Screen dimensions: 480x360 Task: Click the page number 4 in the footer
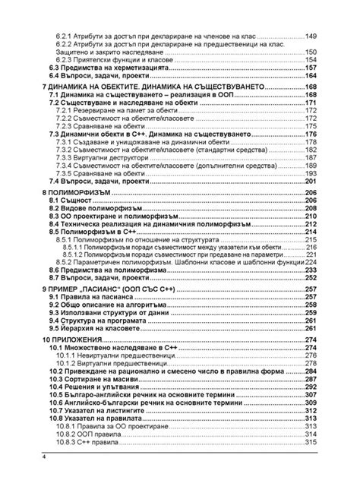(x=44, y=457)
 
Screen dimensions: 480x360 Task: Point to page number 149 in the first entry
(x=311, y=36)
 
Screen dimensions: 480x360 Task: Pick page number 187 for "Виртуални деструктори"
(x=311, y=157)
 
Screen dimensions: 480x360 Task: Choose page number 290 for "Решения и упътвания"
(x=311, y=387)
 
